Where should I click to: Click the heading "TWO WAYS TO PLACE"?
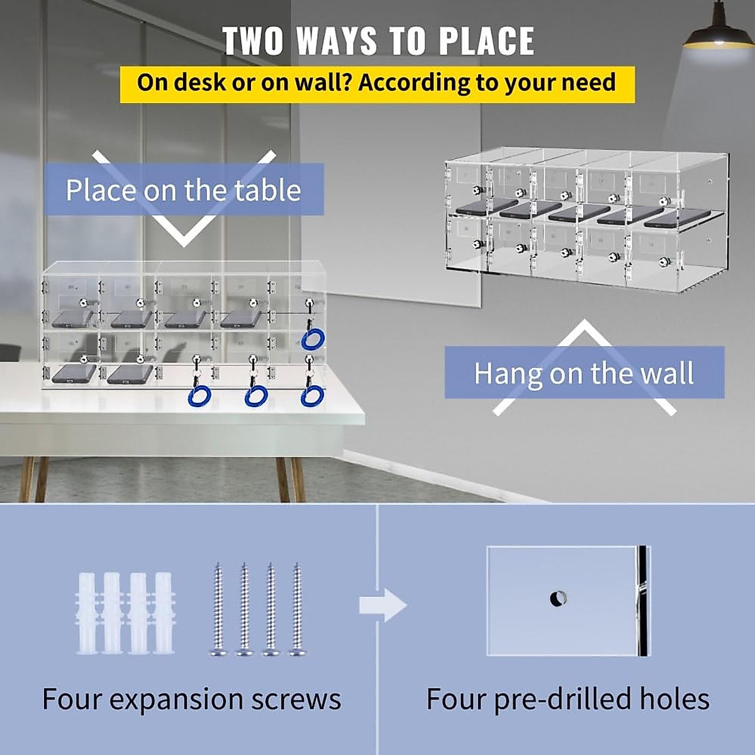coord(378,41)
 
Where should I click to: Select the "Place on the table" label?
coord(183,190)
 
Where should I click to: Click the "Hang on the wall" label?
coord(584,373)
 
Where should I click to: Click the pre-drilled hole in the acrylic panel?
coord(558,598)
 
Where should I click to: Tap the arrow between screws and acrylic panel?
coord(383,606)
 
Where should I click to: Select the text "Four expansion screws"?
coord(191,699)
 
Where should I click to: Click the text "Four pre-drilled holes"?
coord(568,699)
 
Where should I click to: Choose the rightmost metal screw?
coord(297,610)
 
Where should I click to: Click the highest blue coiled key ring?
coord(312,339)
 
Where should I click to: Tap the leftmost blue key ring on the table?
coord(199,396)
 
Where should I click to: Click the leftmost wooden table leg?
coord(26,478)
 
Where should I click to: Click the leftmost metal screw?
coord(218,610)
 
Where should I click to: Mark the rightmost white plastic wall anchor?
coord(164,613)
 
